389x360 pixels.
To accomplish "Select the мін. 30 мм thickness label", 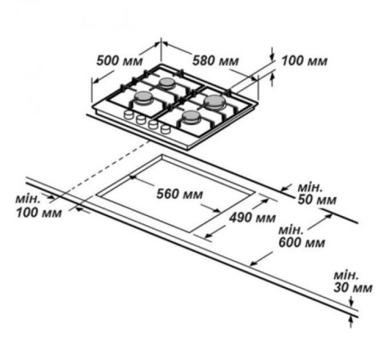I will pyautogui.click(x=354, y=281).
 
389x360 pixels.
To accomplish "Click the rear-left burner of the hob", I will pyautogui.click(x=168, y=83).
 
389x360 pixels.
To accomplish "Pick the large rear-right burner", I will pyautogui.click(x=214, y=102).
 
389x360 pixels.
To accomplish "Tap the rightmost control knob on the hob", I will pyautogui.click(x=165, y=129).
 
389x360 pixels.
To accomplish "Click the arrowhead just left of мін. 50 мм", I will pyautogui.click(x=287, y=188).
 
